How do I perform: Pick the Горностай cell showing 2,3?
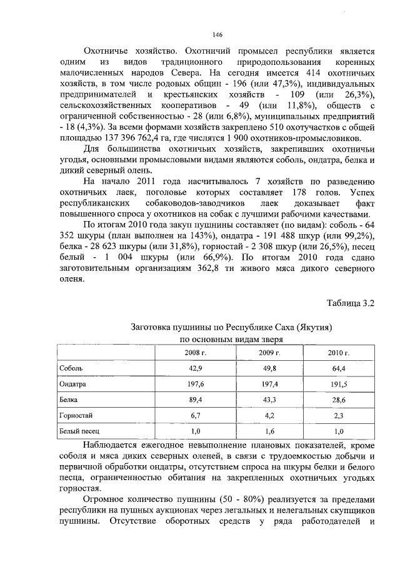pos(338,415)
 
